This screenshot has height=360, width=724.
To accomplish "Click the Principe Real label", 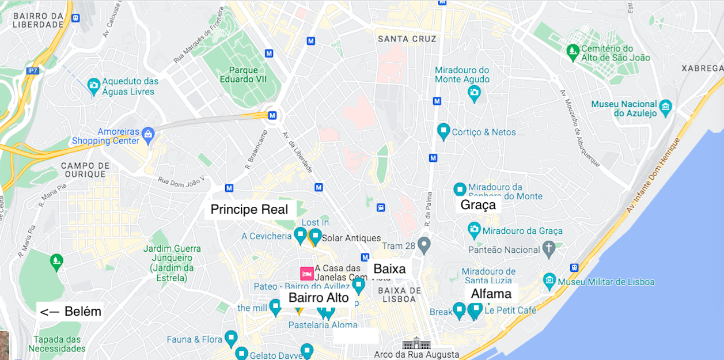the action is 249,210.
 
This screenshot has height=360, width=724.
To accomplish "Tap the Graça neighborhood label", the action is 478,205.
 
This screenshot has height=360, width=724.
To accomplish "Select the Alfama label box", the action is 491,294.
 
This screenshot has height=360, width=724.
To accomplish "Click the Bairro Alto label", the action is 319,298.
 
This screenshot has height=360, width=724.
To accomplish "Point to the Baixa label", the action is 389,269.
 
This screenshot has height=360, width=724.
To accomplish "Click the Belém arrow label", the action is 70,312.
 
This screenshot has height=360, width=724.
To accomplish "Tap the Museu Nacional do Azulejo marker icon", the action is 666,107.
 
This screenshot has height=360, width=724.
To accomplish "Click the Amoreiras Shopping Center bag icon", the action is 149,135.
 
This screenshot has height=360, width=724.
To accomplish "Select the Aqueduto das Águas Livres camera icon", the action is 94,87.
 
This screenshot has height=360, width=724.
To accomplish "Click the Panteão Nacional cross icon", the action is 549,249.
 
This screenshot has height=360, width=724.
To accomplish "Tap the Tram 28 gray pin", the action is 424,245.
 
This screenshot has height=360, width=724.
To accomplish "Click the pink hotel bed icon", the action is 307,274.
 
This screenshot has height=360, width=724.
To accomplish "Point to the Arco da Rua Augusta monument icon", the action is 416,344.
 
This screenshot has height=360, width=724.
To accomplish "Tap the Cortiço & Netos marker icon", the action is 443,131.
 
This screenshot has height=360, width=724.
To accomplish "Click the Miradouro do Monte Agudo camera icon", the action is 474,92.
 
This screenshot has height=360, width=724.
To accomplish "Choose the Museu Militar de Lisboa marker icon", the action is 549,281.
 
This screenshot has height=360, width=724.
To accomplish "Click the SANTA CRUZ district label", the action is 407,39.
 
